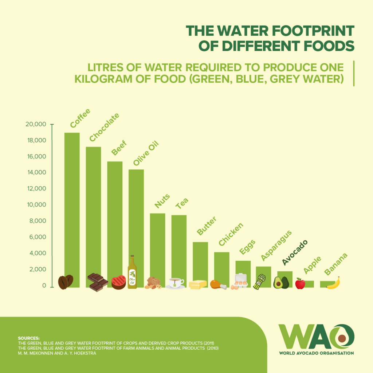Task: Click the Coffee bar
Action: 72,204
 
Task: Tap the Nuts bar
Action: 157,244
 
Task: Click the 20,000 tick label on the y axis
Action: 36,125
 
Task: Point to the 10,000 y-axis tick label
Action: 36,205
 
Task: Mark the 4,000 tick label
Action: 37,254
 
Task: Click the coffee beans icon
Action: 66,282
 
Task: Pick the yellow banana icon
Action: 334,283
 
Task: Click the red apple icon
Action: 300,283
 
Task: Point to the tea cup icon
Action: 175,283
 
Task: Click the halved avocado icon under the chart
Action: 281,282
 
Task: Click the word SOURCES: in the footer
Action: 29,338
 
